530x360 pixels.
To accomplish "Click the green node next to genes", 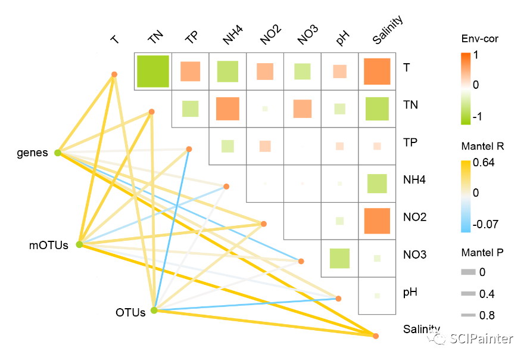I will click(58, 153).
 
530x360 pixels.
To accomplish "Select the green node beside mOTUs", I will click(79, 244).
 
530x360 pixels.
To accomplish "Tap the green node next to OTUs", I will click(154, 311).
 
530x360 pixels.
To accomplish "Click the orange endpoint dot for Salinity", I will click(376, 336).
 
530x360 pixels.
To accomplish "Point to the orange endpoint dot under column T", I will click(114, 75).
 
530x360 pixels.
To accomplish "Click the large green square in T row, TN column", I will click(153, 72).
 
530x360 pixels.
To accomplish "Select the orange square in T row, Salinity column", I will click(376, 72).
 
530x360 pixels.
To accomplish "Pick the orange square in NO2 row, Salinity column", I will click(376, 221).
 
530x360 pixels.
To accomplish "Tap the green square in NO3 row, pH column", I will click(339, 258).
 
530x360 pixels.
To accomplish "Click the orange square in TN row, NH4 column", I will click(227, 108).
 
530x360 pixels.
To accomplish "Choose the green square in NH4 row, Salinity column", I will click(376, 184).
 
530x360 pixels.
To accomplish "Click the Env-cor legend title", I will click(479, 39).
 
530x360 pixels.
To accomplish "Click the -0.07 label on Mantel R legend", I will click(485, 224).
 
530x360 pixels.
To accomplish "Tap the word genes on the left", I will click(32, 153).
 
